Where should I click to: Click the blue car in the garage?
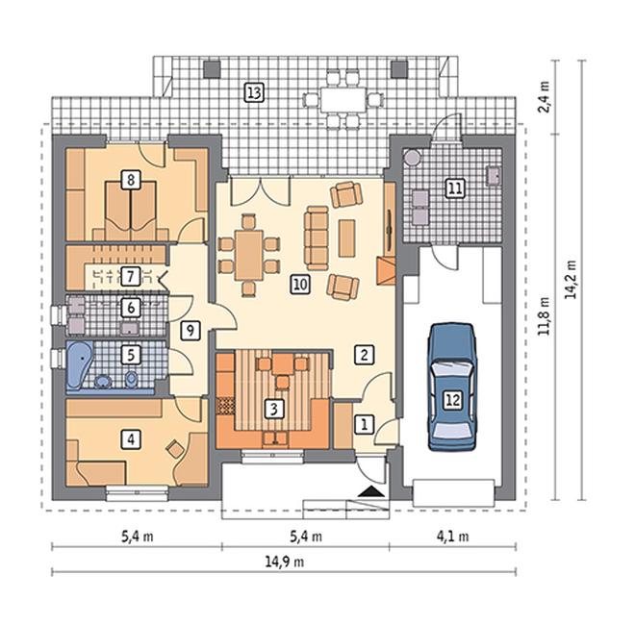pyautogui.click(x=452, y=387)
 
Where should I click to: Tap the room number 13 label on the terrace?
pyautogui.click(x=254, y=92)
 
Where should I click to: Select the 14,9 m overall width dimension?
pyautogui.click(x=284, y=562)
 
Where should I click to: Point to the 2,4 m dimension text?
pyautogui.click(x=545, y=97)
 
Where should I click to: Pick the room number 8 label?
pyautogui.click(x=131, y=179)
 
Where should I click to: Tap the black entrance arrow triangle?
pyautogui.click(x=371, y=491)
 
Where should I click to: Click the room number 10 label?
pyautogui.click(x=300, y=285)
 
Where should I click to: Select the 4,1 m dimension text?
pyautogui.click(x=452, y=537)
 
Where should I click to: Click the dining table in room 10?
pyautogui.click(x=249, y=254)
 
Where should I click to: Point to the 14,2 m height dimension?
pyautogui.click(x=571, y=279)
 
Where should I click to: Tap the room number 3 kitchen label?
pyautogui.click(x=274, y=409)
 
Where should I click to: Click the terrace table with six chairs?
pyautogui.click(x=343, y=99)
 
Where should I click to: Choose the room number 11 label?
pyautogui.click(x=455, y=188)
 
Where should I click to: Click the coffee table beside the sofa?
pyautogui.click(x=346, y=238)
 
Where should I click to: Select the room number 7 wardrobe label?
pyautogui.click(x=131, y=277)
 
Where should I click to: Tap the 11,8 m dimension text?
pyautogui.click(x=545, y=316)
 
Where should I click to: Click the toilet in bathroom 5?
pyautogui.click(x=131, y=380)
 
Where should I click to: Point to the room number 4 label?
pyautogui.click(x=131, y=439)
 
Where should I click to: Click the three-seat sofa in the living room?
pyautogui.click(x=317, y=238)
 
